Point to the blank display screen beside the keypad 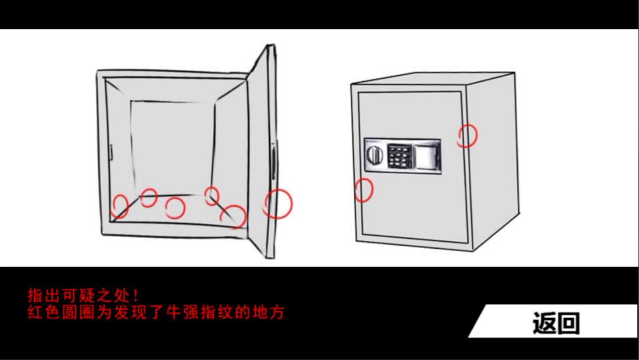(427, 156)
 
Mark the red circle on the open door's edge (277, 203)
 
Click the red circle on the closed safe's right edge (467, 135)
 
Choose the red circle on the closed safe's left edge (363, 190)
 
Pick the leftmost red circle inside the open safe (121, 206)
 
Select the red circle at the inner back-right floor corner (212, 195)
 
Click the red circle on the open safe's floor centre (175, 207)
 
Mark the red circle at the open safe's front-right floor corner (234, 216)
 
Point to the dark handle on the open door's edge (273, 159)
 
